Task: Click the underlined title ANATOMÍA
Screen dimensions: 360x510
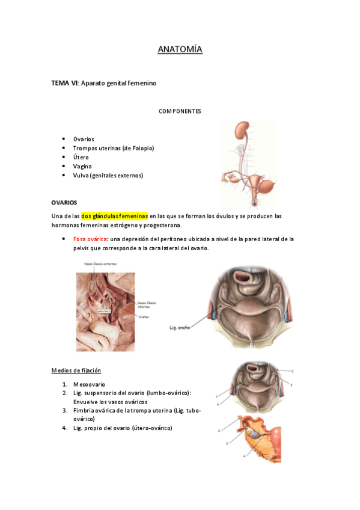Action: [x=180, y=49]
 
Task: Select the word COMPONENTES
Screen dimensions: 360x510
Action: [x=180, y=111]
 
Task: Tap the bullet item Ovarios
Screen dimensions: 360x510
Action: [x=84, y=139]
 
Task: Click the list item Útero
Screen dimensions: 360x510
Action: [x=81, y=157]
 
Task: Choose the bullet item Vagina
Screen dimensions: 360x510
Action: [x=82, y=166]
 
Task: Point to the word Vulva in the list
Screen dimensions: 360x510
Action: [x=81, y=176]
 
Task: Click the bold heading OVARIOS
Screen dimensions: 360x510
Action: [x=64, y=203]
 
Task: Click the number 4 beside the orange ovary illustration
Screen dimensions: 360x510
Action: [x=244, y=455]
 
